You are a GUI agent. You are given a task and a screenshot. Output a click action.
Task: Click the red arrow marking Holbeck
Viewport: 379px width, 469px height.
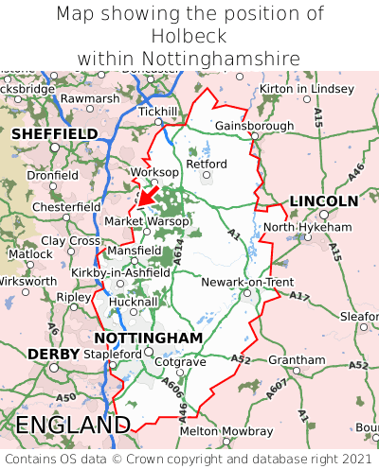pos(147,195)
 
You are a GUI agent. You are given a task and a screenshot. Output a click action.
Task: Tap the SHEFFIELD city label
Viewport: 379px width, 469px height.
pos(54,134)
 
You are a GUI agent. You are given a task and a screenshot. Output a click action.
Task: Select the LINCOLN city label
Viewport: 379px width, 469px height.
pos(323,200)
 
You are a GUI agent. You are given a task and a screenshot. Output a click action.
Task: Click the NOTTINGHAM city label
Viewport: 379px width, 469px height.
pos(149,338)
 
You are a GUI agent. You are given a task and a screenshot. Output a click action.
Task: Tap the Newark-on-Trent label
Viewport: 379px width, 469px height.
pos(248,282)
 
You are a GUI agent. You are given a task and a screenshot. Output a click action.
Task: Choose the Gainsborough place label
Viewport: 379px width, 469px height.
pos(255,126)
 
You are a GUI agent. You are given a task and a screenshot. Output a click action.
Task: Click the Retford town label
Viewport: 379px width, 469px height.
pos(208,164)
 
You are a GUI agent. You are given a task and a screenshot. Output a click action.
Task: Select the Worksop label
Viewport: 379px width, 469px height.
pos(153,172)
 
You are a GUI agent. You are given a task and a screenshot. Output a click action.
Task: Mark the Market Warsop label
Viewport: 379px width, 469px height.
pos(147,220)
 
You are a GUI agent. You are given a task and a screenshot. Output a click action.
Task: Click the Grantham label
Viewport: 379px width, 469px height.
pos(297,360)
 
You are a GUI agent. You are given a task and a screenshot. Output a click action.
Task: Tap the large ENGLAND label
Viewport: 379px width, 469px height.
pos(73,425)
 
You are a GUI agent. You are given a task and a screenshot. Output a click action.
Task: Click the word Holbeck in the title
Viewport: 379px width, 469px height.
pos(189,36)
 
